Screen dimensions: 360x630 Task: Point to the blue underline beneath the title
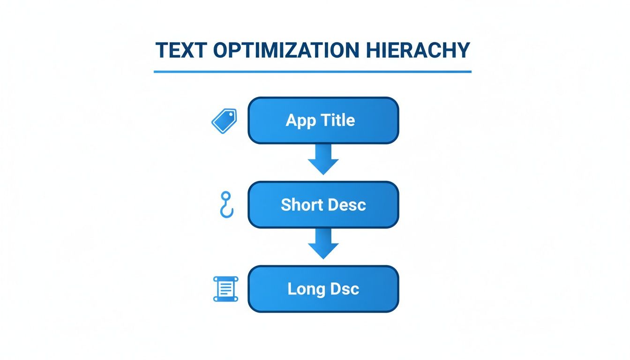312,72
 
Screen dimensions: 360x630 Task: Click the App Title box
323,120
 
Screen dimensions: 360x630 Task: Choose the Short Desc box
323,205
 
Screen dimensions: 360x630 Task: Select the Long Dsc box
323,289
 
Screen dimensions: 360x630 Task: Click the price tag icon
225,120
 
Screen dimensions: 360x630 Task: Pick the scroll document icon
225,289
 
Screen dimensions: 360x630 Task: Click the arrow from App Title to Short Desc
323,160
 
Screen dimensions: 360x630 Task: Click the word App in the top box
300,121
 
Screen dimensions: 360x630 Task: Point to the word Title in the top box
338,120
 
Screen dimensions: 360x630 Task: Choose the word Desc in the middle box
348,205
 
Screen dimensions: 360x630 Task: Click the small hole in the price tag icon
231,115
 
